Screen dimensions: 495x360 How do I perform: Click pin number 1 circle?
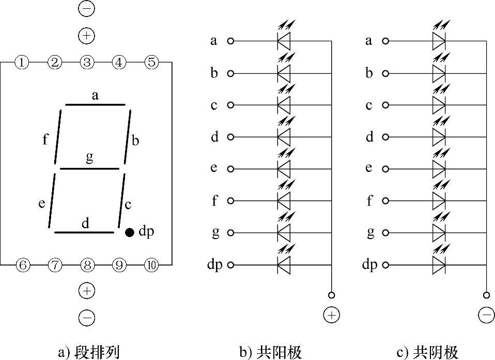pyautogui.click(x=21, y=62)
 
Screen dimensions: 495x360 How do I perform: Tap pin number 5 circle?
pyautogui.click(x=151, y=62)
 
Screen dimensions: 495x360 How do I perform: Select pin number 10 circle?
pyautogui.click(x=151, y=265)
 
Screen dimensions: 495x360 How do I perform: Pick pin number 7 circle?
pyautogui.click(x=55, y=265)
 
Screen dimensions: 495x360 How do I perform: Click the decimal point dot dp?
pyautogui.click(x=130, y=232)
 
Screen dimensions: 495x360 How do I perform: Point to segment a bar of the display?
pyautogui.click(x=95, y=105)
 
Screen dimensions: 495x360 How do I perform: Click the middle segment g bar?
pyautogui.click(x=90, y=168)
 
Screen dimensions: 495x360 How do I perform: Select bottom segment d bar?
pyautogui.click(x=84, y=232)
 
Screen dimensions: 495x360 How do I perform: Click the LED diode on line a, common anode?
pyautogui.click(x=284, y=41)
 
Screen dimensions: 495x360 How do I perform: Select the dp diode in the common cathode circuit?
pyautogui.click(x=439, y=265)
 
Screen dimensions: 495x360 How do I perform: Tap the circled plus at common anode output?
pyautogui.click(x=331, y=315)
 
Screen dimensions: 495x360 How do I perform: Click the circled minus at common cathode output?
pyautogui.click(x=486, y=315)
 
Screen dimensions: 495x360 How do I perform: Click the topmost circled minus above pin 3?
pyautogui.click(x=86, y=9)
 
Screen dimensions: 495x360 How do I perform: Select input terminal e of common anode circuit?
pyautogui.click(x=230, y=169)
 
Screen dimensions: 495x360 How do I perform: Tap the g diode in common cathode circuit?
pyautogui.click(x=439, y=233)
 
